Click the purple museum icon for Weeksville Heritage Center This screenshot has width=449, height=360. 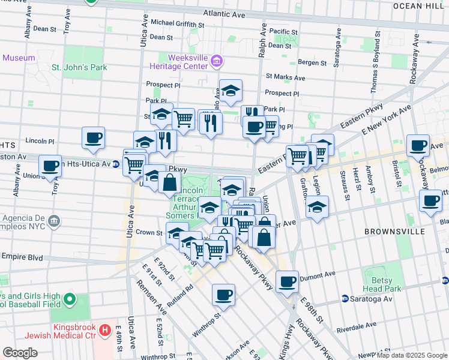pyautogui.click(x=217, y=60)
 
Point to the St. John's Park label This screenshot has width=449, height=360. pyautogui.click(x=79, y=67)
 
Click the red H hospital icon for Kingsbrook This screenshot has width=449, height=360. pyautogui.click(x=106, y=329)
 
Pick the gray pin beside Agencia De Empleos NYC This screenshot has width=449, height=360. pyautogui.click(x=54, y=220)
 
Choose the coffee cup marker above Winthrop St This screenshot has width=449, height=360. pyautogui.click(x=223, y=294)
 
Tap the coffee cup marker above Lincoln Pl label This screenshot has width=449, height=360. pyautogui.click(x=93, y=137)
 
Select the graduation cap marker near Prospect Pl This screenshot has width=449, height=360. pyautogui.click(x=231, y=91)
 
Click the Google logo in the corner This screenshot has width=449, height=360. pyautogui.click(x=20, y=352)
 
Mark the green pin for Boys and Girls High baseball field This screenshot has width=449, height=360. pyautogui.click(x=70, y=299)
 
